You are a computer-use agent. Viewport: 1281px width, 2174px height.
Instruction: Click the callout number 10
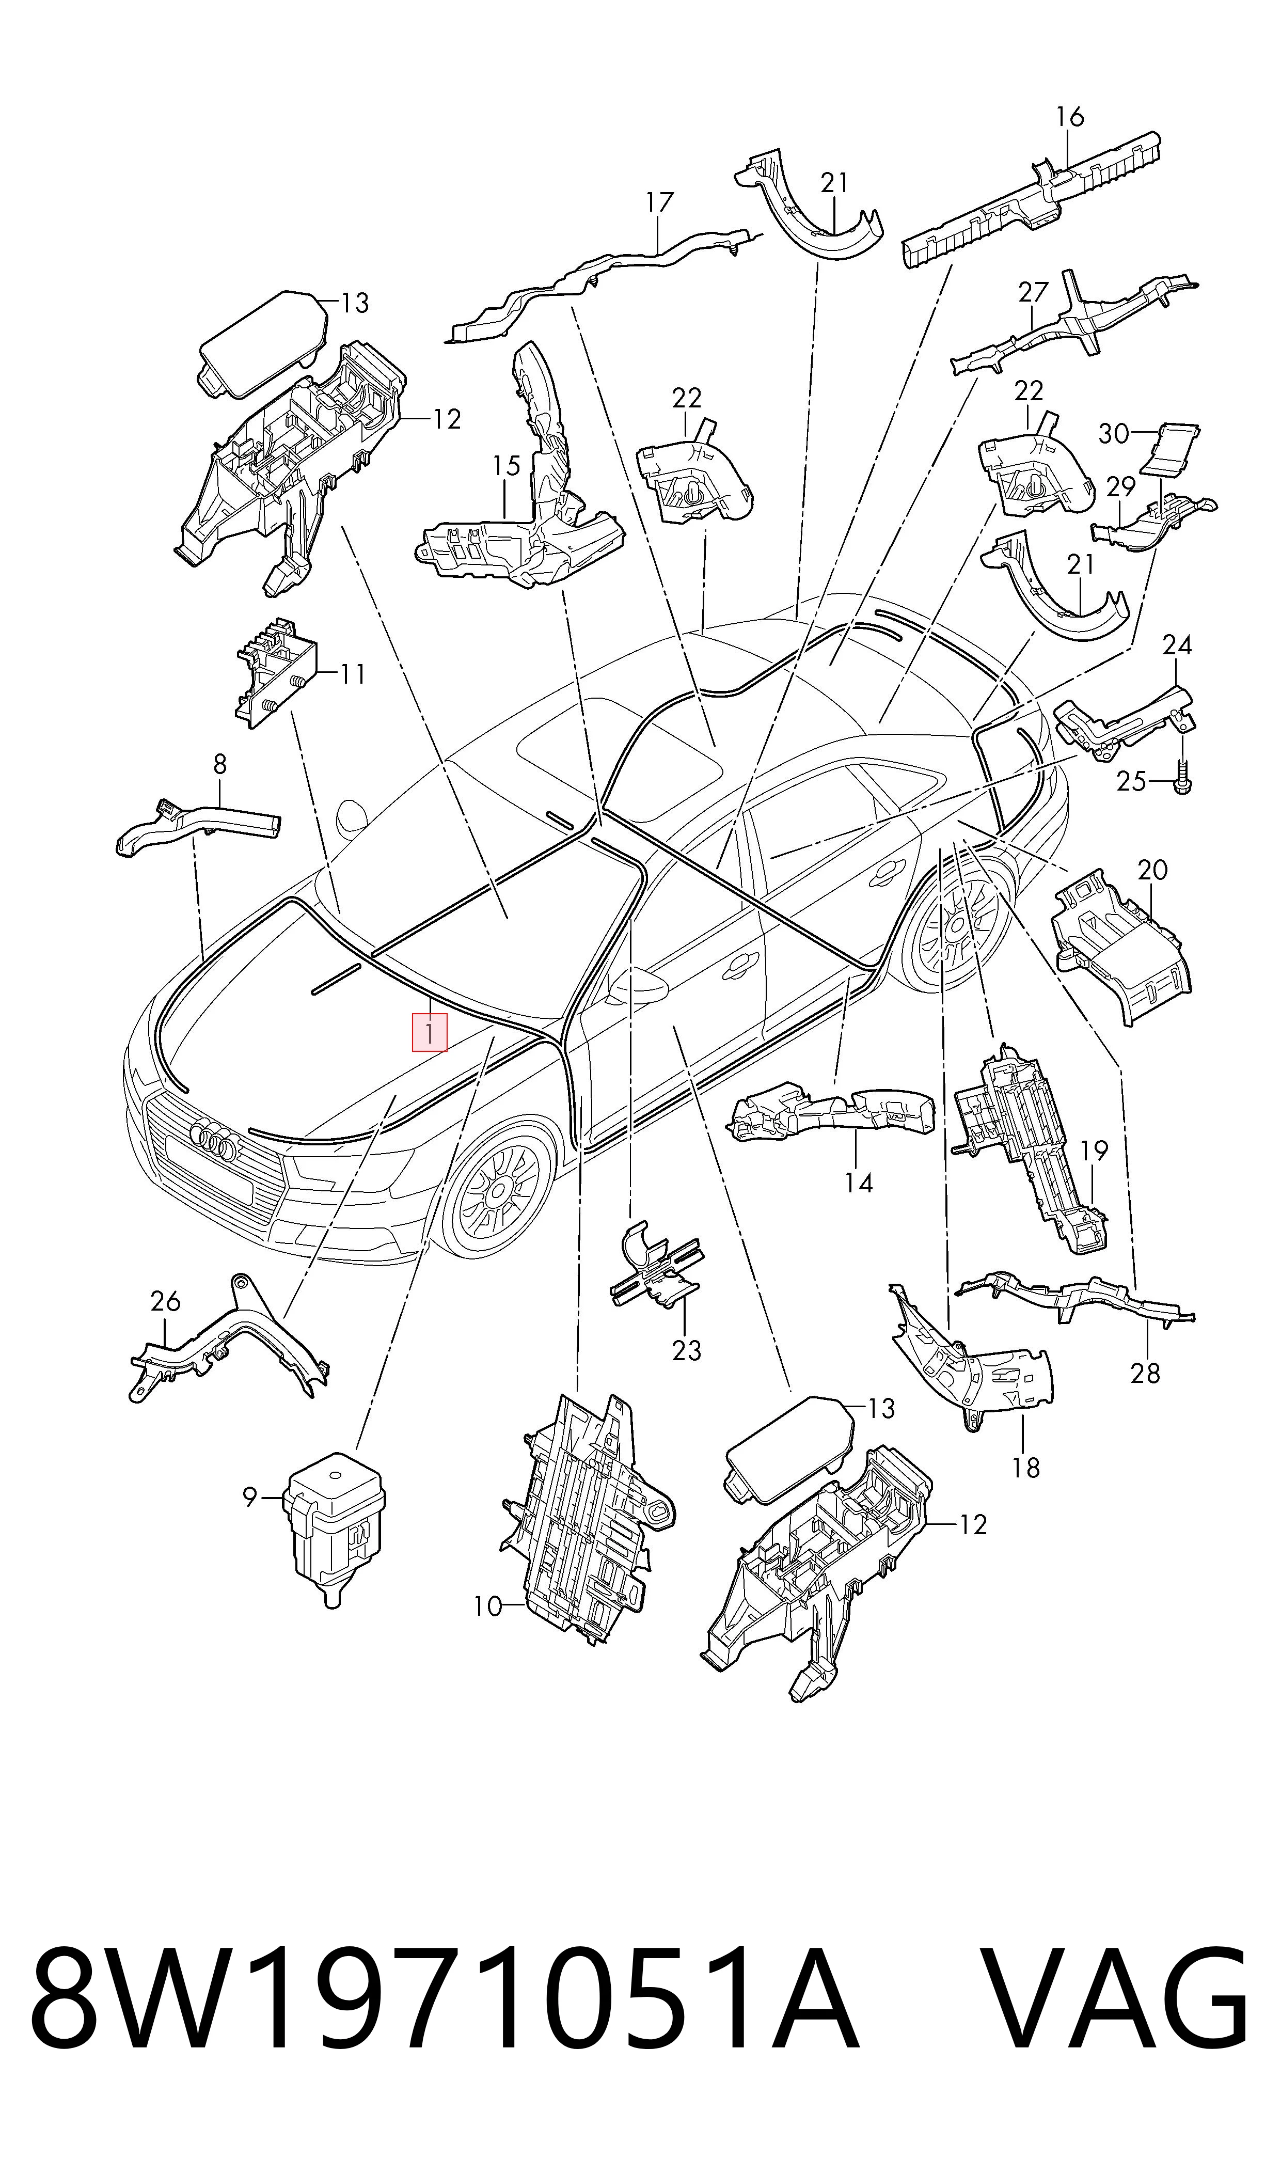488,1606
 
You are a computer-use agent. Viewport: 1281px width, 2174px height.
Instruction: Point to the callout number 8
219,764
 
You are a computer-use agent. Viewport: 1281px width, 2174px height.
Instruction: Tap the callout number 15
507,466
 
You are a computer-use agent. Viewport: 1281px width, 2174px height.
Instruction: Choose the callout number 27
1033,293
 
